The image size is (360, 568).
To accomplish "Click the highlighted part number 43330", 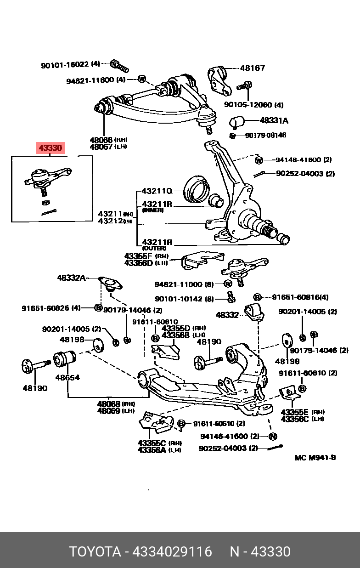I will [x=50, y=148].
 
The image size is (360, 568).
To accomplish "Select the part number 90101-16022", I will [x=65, y=65].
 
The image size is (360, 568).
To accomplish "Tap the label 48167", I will [x=252, y=68].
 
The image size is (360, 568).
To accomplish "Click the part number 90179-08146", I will [x=265, y=135].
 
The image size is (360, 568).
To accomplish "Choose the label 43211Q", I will [x=157, y=190].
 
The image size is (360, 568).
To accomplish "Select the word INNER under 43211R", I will [x=153, y=210].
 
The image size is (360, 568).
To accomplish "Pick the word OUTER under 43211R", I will [x=154, y=248].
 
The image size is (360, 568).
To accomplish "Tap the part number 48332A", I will [x=71, y=278].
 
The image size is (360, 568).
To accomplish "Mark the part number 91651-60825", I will [x=45, y=308].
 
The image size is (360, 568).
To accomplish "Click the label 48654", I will [x=67, y=378].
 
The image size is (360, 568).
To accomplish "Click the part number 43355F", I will [x=138, y=256].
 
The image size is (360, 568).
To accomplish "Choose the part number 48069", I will [x=108, y=410].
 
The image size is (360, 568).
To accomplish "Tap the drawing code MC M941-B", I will [x=315, y=458].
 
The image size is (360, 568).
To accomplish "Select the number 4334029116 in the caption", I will [x=172, y=551].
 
